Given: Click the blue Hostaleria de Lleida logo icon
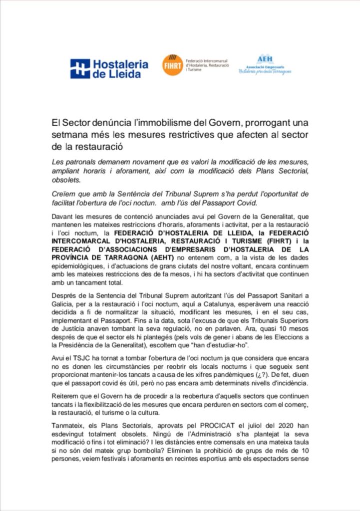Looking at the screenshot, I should (80, 69).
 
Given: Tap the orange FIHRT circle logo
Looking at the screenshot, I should (172, 65).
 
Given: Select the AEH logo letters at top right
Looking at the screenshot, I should (265, 59).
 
